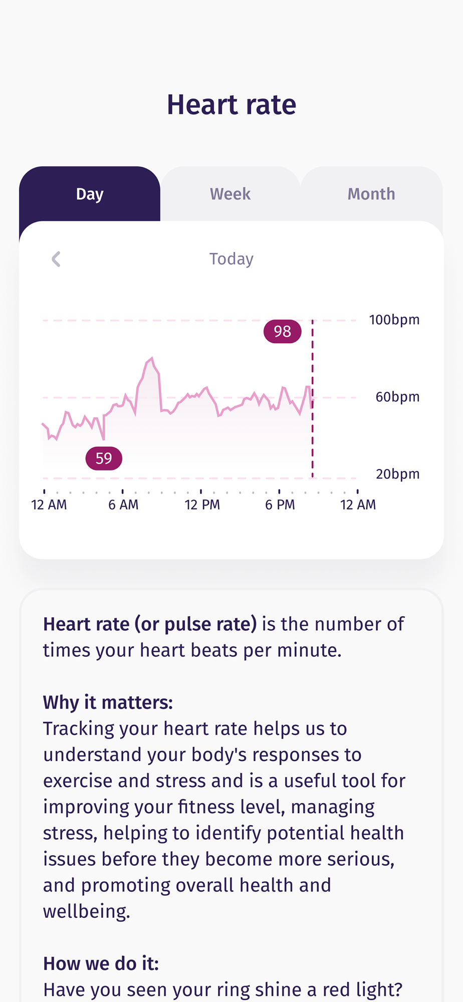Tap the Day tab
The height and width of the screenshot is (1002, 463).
(90, 194)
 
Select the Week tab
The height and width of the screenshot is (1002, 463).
(230, 194)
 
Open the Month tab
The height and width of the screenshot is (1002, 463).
(371, 194)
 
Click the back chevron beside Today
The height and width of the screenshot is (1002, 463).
(56, 259)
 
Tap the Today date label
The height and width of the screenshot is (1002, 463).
(231, 259)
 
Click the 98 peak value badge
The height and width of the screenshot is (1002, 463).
(282, 331)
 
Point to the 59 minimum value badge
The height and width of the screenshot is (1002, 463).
(104, 458)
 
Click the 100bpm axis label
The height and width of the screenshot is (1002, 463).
(394, 320)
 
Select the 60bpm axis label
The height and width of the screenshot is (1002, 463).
(397, 397)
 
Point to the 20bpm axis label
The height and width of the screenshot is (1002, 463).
(397, 474)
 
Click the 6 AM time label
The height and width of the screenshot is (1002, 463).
(123, 505)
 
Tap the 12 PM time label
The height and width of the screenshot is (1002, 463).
(202, 505)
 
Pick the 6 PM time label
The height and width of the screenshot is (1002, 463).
(280, 505)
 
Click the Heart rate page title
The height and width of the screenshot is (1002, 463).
(232, 105)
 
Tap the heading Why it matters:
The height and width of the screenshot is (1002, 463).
(108, 702)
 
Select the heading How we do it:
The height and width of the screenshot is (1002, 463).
(101, 963)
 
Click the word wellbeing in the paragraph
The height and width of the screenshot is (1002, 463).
(86, 911)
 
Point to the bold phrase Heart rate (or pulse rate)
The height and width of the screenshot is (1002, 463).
(150, 624)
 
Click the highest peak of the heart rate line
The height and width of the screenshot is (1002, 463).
(152, 358)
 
